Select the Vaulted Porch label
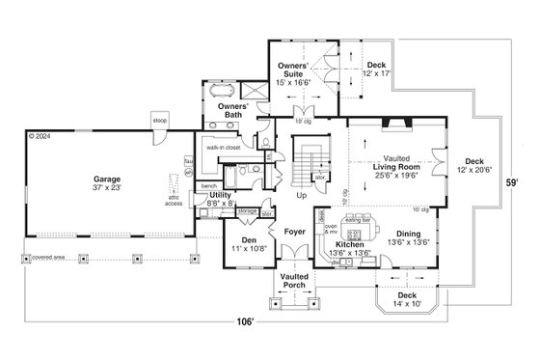[294, 281]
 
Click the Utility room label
[222, 198]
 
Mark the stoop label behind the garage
[160, 120]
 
